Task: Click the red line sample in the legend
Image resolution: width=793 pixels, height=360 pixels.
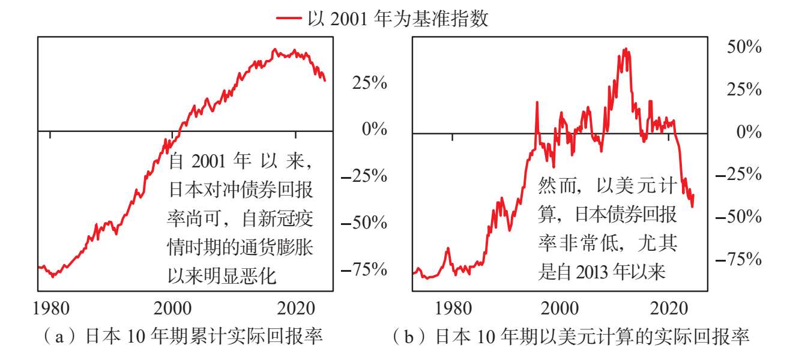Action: click(289, 17)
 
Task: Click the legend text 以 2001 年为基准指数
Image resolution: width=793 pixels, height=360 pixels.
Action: click(397, 19)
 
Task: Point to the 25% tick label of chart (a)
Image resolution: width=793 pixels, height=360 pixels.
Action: click(370, 83)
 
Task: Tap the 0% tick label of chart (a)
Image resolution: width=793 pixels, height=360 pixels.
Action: click(374, 129)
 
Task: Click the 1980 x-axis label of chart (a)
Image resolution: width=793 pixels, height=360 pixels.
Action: click(51, 308)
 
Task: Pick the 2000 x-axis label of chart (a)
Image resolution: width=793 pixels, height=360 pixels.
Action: click(172, 308)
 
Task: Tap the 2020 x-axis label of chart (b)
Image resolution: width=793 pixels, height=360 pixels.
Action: click(669, 308)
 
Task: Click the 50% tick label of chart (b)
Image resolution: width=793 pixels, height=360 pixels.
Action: click(744, 47)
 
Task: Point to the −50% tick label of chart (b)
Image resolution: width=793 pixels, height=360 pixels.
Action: click(738, 216)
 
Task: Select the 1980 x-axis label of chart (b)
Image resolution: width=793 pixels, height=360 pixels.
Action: click(453, 308)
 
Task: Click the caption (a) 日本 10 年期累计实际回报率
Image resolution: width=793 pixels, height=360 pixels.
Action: click(182, 336)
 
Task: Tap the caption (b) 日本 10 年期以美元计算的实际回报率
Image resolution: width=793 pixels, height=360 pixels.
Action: click(571, 336)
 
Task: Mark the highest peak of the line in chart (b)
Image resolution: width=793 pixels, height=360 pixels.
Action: click(626, 49)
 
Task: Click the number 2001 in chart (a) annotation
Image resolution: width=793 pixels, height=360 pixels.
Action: click(208, 161)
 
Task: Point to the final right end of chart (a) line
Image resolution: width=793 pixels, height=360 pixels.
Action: click(325, 81)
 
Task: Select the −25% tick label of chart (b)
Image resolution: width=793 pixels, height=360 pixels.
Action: click(738, 174)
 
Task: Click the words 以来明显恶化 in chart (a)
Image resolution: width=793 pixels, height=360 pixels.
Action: click(222, 276)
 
